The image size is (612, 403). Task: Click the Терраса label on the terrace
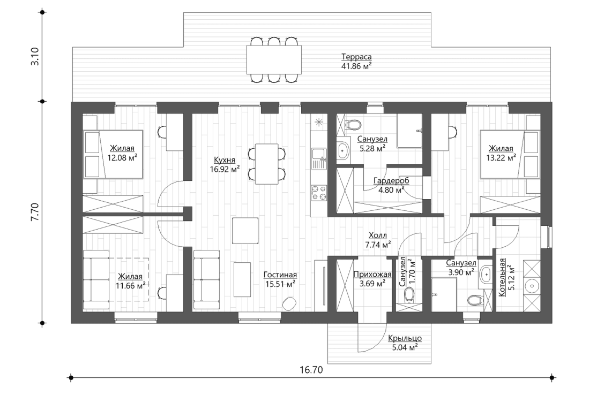click(356, 57)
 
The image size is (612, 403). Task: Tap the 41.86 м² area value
click(356, 66)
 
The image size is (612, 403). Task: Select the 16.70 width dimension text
click(311, 369)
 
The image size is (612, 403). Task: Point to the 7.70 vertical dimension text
click(35, 212)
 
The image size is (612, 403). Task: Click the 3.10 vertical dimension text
click(35, 57)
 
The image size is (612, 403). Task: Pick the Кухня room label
click(225, 159)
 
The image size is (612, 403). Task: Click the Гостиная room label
click(280, 275)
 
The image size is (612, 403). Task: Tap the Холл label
click(378, 235)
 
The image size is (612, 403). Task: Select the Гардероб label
click(391, 181)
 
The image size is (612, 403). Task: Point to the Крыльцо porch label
click(405, 338)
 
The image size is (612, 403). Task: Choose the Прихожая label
click(372, 275)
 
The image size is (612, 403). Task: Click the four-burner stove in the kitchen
click(319, 193)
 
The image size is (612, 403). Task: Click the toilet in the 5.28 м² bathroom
click(353, 125)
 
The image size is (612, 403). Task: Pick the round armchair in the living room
click(290, 303)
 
